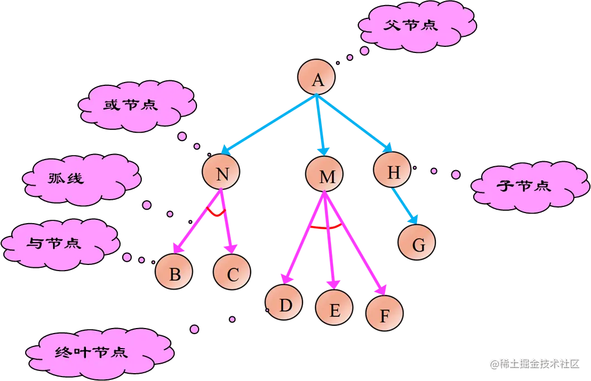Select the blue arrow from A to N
pos(268,124)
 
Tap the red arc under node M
pos(326,227)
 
